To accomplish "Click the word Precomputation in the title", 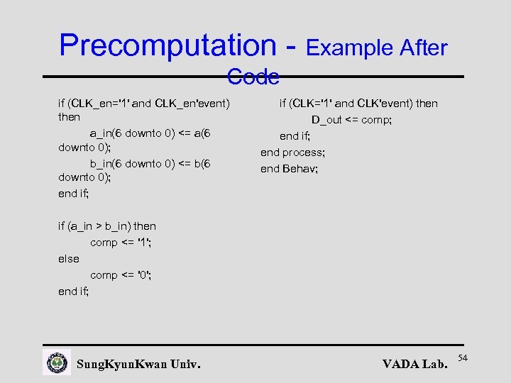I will (x=168, y=45).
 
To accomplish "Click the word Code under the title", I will (x=253, y=77).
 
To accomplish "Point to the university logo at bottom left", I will (x=57, y=362).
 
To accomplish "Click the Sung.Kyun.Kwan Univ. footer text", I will (x=138, y=365).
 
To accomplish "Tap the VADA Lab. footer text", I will (x=414, y=365).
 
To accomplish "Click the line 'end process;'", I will (x=292, y=152).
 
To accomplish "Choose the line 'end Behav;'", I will (x=289, y=169).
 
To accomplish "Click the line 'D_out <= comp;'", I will (x=351, y=120).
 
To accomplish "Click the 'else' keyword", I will (x=69, y=259).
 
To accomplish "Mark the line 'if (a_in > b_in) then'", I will (x=107, y=226).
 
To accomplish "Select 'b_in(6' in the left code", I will (x=106, y=164).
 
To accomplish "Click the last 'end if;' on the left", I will (x=74, y=292).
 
